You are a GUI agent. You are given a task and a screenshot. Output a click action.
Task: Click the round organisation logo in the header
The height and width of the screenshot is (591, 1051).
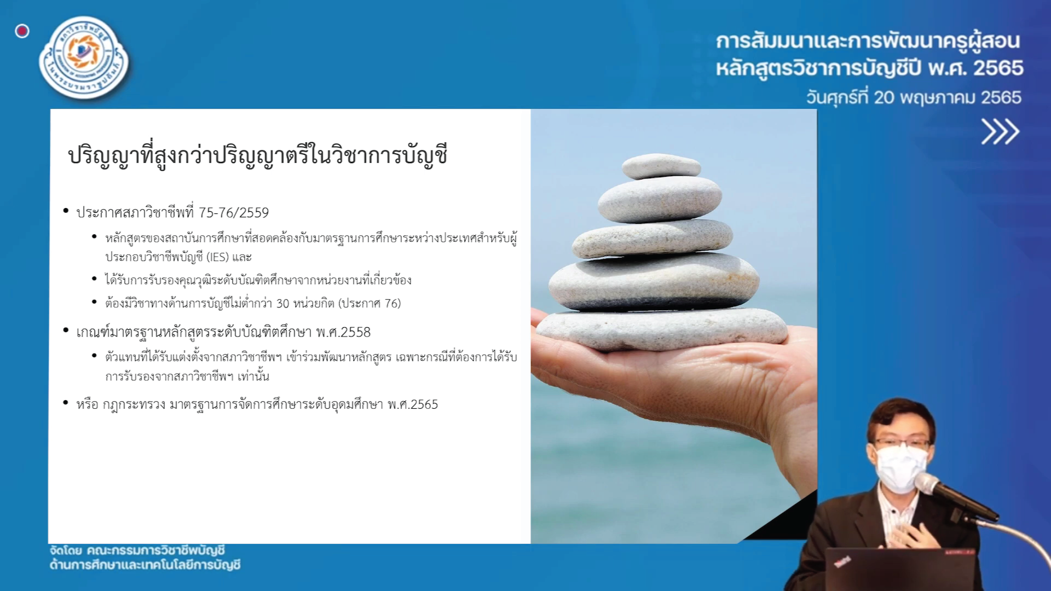[x=84, y=58]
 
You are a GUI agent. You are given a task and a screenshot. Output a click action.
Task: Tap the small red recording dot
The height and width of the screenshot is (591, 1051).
[x=22, y=31]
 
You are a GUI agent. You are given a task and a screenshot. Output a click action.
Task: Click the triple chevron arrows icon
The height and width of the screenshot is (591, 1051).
[x=1000, y=131]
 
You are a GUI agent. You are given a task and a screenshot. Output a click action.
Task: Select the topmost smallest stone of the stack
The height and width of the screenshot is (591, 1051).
[x=661, y=166]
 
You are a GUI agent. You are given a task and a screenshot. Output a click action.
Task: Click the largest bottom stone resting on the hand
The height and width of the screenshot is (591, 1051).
[x=661, y=329]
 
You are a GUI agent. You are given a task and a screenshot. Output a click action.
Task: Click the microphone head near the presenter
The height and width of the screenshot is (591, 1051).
[x=928, y=484]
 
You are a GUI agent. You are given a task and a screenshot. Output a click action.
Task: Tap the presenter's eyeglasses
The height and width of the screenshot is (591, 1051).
[x=900, y=443]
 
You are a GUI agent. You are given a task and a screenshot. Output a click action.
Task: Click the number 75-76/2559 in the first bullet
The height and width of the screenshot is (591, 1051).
[x=234, y=212]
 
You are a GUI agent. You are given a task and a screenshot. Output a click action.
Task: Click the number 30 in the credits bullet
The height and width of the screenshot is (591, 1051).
[x=282, y=303]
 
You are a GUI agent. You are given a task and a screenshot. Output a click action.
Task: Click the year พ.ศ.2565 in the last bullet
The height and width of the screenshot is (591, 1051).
[x=413, y=404]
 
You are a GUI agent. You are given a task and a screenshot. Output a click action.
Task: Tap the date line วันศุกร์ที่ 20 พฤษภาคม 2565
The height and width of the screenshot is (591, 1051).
[x=914, y=97]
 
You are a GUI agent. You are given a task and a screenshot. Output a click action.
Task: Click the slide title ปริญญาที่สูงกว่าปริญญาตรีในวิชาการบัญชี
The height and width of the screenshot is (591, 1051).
[x=257, y=155]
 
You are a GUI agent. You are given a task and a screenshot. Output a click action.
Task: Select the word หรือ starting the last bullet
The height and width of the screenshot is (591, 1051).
[x=88, y=404]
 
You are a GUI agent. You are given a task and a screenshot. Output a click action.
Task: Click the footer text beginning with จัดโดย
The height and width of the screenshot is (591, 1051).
[x=145, y=558]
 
